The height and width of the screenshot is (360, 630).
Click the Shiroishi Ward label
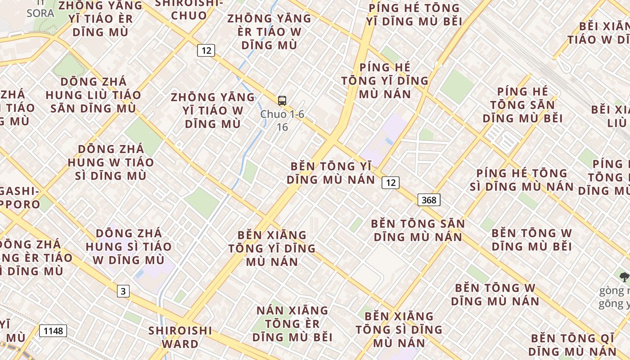click(180, 337)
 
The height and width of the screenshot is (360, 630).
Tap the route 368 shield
click(429, 199)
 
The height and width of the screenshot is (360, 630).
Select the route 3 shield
click(123, 291)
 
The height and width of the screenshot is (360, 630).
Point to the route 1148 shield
click(53, 331)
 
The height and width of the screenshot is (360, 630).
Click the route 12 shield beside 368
click(390, 182)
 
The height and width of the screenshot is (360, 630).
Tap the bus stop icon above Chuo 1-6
click(282, 101)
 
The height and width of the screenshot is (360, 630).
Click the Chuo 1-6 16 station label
click(282, 121)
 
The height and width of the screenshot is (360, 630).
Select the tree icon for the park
click(625, 277)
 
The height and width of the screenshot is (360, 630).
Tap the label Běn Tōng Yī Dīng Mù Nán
click(331, 173)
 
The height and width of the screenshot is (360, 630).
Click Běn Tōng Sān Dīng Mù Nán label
click(418, 230)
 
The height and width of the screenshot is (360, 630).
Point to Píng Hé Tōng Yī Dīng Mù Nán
click(385, 81)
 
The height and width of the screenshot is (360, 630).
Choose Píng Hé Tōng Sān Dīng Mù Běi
click(522, 105)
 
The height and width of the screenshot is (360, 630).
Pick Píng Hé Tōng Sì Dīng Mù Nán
click(522, 180)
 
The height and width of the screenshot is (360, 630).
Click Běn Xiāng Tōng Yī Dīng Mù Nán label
click(272, 248)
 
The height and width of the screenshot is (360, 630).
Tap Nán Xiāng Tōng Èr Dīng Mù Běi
click(292, 324)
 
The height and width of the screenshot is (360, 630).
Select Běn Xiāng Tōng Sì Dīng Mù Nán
click(399, 329)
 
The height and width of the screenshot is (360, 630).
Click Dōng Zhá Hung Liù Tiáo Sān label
click(93, 95)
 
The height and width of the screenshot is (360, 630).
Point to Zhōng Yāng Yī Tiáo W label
click(213, 110)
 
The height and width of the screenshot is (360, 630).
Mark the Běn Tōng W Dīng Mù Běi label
click(531, 239)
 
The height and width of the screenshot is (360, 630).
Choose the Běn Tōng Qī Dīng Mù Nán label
click(572, 345)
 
